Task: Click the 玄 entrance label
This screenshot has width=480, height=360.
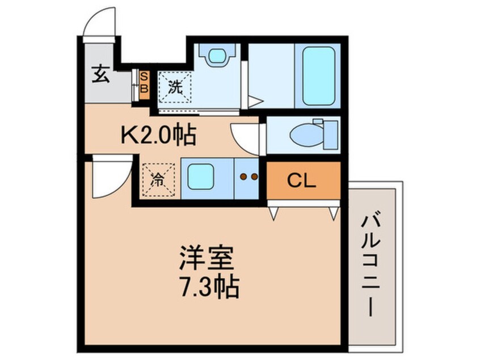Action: pos(100,74)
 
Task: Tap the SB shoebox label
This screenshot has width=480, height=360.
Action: pos(144,82)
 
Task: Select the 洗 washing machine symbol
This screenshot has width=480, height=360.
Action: pos(174,87)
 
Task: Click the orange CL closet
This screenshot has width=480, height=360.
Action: pos(302,181)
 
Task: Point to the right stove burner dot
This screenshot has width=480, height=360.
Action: pos(255,177)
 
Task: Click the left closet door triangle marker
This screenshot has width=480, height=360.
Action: pos(273,214)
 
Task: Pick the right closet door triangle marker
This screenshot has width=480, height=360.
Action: pos(334,214)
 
